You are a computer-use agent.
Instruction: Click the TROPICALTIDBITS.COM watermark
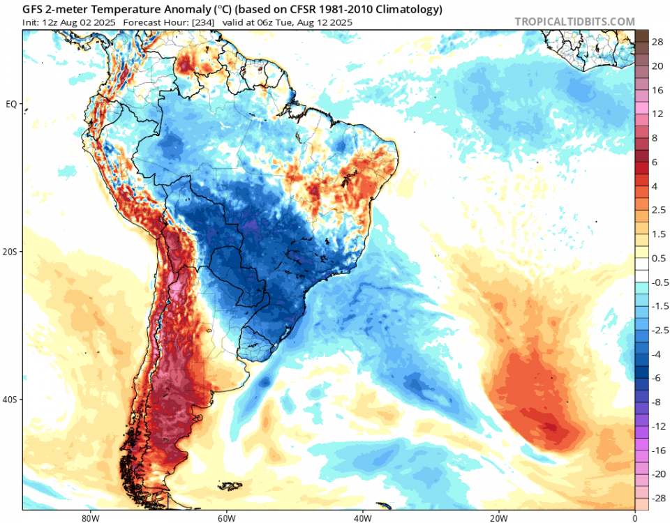[574, 22]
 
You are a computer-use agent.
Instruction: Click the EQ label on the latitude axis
[11, 104]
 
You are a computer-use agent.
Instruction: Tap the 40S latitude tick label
[10, 400]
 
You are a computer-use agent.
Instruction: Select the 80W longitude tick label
[88, 517]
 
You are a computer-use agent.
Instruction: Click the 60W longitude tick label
[225, 517]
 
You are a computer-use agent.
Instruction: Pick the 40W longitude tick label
[362, 517]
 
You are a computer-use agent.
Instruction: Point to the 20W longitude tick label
[498, 517]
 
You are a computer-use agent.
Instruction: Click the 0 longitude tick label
[634, 517]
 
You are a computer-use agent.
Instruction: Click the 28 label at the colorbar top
[657, 43]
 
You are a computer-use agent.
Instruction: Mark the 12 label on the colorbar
[657, 114]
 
